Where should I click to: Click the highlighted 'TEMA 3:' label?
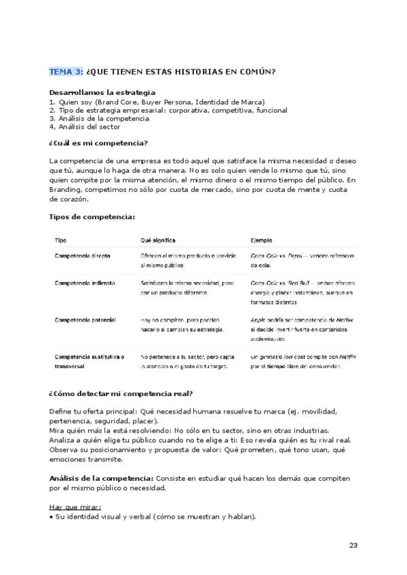coord(66,72)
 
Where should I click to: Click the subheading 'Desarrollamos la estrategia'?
coord(102,92)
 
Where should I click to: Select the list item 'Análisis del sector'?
coord(89,126)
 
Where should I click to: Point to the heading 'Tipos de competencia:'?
coord(92,216)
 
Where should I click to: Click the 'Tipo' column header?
coord(60,240)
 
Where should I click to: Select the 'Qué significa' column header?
coord(158,240)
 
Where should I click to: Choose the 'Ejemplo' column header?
coord(261,240)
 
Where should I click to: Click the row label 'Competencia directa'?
coord(82,256)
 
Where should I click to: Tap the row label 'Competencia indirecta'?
coord(84,283)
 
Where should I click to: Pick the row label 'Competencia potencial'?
coord(85,319)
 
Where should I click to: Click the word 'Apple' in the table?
coord(258,319)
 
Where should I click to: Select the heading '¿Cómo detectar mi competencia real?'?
coord(120,394)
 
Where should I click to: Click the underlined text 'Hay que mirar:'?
coord(75,507)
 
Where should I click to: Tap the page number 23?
coord(353,546)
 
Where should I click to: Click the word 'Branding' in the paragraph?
coord(66,190)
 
